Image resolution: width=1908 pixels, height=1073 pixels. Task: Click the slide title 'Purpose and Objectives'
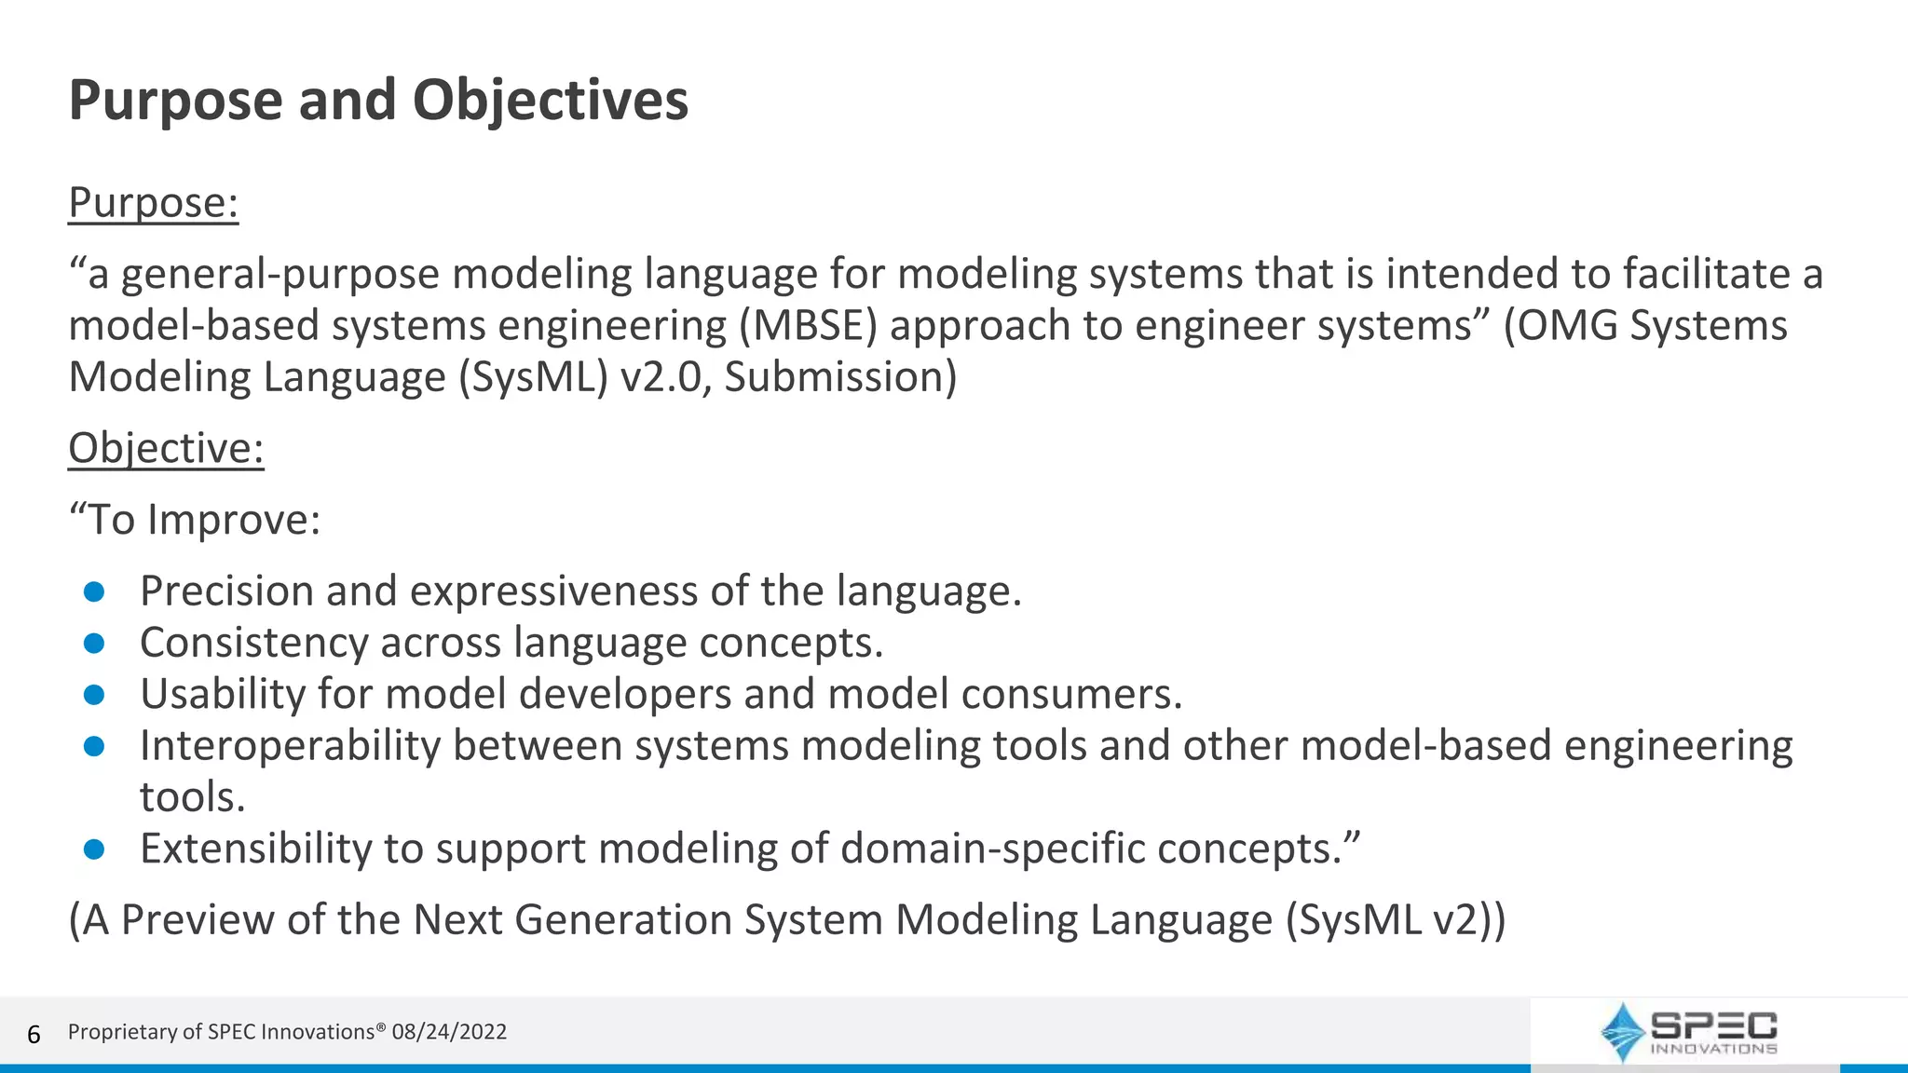coord(378,101)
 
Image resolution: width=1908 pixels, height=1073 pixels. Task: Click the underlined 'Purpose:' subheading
coord(154,203)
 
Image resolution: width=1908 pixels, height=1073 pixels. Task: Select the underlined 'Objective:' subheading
coord(166,449)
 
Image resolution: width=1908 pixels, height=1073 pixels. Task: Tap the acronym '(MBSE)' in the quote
coord(809,326)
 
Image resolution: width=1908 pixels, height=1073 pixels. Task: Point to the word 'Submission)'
coord(840,377)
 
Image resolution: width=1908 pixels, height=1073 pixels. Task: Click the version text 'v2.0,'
coord(661,377)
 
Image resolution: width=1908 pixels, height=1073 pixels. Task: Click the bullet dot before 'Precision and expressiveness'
coord(94,592)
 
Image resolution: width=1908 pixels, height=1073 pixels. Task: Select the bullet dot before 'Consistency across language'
coord(94,644)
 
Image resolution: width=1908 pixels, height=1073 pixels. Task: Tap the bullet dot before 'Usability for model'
coord(94,695)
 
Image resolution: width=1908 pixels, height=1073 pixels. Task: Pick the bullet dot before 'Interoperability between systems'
coord(94,747)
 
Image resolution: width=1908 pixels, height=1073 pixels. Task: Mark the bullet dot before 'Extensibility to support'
coord(94,849)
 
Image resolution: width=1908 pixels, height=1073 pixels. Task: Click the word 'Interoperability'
coord(290,746)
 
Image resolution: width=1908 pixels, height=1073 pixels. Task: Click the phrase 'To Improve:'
coord(203,520)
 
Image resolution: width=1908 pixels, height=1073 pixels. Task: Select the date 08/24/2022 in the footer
coord(449,1032)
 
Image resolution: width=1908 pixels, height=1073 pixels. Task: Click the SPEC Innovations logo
coord(1687,1032)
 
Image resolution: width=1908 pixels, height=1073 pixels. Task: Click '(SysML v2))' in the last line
coord(1395,920)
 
